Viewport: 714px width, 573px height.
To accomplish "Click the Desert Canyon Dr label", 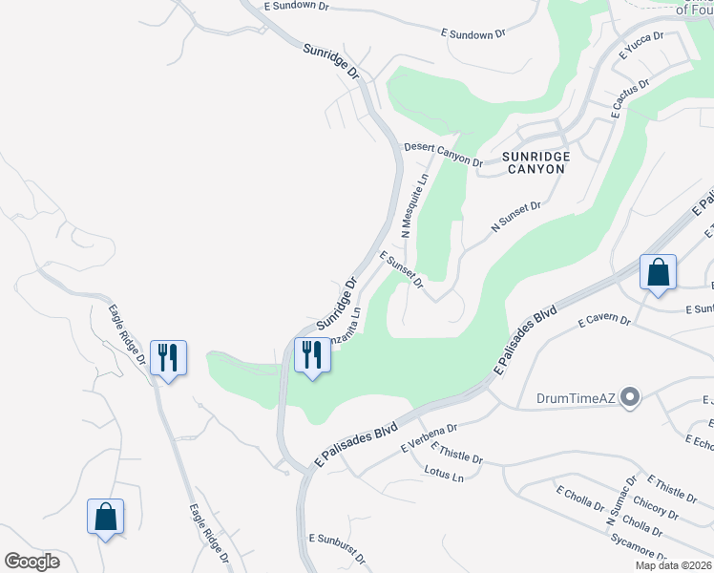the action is [443, 154].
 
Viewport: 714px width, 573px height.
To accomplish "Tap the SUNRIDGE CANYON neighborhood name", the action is [535, 162].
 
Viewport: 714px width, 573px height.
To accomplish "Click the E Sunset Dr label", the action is [401, 269].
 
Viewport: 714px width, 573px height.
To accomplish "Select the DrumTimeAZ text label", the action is [575, 396].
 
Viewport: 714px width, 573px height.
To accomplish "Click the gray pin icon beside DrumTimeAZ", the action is [629, 396].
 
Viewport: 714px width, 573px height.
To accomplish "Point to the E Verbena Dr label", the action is [430, 437].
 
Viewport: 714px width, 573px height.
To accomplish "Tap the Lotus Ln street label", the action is [444, 474].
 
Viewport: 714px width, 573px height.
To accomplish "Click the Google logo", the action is [31, 562].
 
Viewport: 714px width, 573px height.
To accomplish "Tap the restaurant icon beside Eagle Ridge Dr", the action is [168, 358].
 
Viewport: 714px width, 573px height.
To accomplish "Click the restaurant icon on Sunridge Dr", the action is [311, 356].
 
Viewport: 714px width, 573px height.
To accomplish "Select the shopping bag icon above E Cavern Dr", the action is [658, 273].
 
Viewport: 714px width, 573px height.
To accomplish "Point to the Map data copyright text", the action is [673, 565].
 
